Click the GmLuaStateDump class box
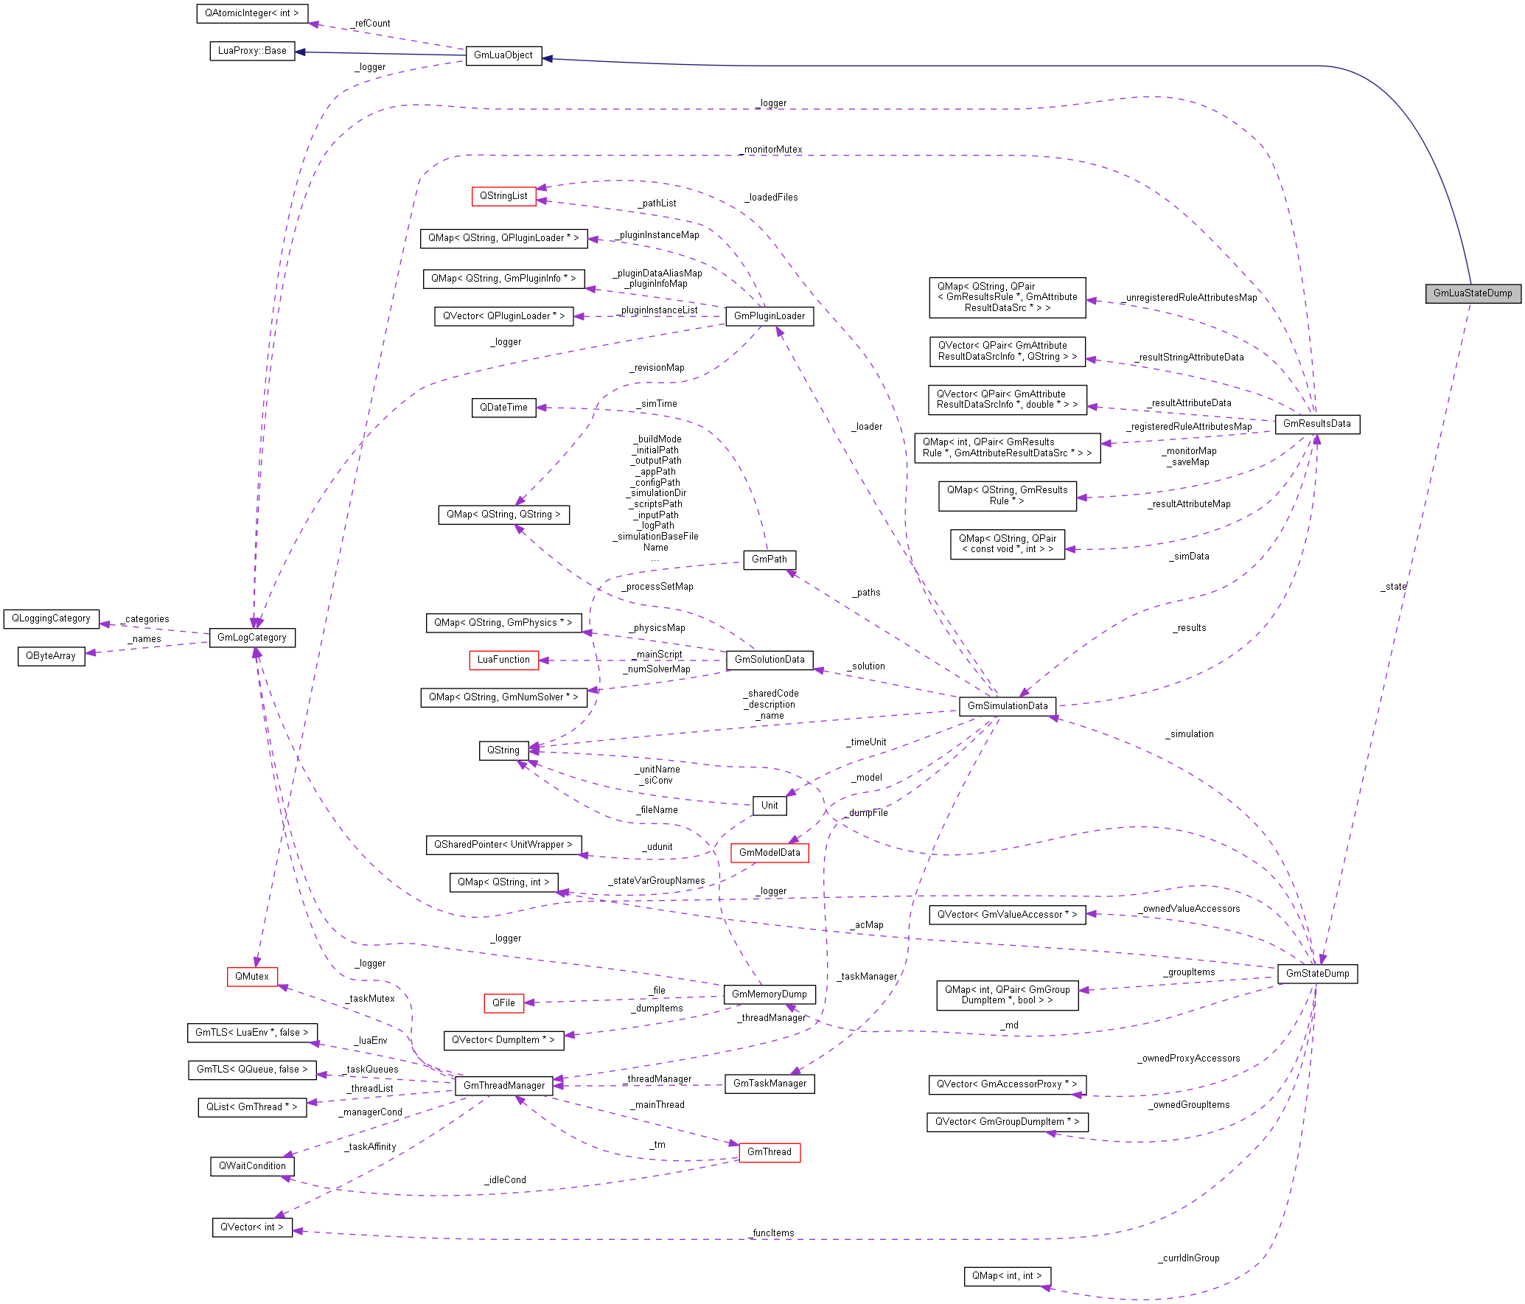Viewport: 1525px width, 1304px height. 1472,293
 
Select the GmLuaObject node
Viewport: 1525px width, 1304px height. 503,55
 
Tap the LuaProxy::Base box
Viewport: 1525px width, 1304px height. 252,51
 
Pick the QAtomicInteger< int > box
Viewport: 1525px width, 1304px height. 252,13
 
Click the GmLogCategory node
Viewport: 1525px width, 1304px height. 252,638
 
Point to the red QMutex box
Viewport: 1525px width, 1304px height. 252,977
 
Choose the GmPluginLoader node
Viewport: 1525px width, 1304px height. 770,316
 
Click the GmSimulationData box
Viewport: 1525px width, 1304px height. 1007,706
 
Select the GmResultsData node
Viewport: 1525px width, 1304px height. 1316,424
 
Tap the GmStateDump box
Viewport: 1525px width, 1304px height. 1317,974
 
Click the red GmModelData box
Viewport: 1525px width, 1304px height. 770,853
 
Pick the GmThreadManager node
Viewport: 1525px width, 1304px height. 504,1086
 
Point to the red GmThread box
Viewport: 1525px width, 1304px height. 770,1152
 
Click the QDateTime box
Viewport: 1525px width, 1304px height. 503,408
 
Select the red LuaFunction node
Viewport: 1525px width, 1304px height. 503,660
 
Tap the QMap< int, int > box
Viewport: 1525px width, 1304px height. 1007,1276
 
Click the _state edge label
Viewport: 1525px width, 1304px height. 1393,587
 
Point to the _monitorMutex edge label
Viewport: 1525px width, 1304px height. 772,150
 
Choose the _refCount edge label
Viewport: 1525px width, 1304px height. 371,24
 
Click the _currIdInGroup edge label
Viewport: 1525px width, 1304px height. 1188,1258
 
